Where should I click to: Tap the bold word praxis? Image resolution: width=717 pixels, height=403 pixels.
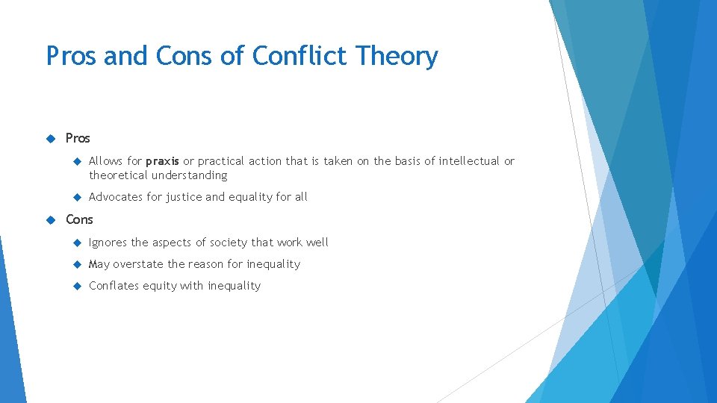point(162,161)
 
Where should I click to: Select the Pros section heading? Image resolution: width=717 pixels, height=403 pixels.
point(78,138)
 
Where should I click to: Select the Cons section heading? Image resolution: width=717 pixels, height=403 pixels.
point(79,219)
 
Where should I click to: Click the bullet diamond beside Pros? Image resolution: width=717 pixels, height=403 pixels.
point(51,138)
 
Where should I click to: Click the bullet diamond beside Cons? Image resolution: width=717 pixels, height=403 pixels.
point(51,219)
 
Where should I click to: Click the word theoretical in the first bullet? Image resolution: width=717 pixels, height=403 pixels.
point(119,175)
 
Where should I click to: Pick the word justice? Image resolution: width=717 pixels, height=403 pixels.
point(184,197)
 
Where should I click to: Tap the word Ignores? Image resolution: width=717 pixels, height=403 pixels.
point(108,243)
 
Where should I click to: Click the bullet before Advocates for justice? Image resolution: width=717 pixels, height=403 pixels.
point(76,197)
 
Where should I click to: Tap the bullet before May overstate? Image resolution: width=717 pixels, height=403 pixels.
point(76,264)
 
